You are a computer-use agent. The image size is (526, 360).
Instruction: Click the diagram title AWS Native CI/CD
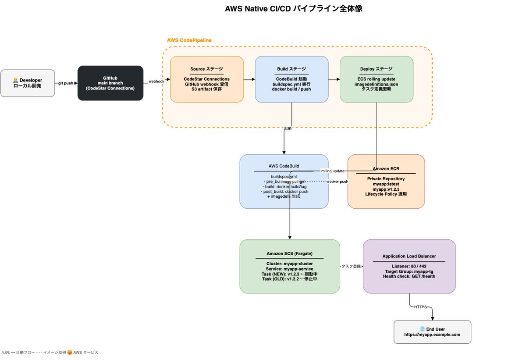(x=293, y=9)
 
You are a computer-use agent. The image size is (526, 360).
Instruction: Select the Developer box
(x=28, y=83)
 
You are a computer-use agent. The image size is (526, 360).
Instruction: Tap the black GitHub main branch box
(x=110, y=83)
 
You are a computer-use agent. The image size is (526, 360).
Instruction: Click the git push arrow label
(x=66, y=83)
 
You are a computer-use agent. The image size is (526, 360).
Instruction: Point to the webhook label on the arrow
(x=156, y=81)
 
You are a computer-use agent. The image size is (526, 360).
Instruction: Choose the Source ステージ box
(x=206, y=79)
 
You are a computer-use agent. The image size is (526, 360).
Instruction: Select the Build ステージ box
(x=291, y=79)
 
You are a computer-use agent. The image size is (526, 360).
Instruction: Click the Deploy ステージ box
(x=377, y=79)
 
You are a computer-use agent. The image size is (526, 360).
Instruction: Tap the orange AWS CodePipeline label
(x=189, y=40)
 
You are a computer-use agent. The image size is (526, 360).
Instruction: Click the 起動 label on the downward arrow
(x=288, y=128)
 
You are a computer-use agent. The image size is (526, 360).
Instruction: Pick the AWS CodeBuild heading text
(x=284, y=166)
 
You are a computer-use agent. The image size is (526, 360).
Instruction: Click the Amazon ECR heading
(x=386, y=169)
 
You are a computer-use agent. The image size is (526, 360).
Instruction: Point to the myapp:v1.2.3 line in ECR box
(x=386, y=189)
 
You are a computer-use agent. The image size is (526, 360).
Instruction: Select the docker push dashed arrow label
(x=338, y=182)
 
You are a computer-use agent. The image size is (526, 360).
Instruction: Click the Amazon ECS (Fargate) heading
(x=289, y=253)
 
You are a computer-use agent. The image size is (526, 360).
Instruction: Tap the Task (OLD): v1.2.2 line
(x=289, y=279)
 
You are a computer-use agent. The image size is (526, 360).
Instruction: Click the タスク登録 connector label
(x=351, y=266)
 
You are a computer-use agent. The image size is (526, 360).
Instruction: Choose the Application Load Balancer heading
(x=409, y=257)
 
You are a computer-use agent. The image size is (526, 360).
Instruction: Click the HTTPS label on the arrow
(x=420, y=307)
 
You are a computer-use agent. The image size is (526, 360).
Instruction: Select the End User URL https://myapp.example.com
(x=432, y=335)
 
